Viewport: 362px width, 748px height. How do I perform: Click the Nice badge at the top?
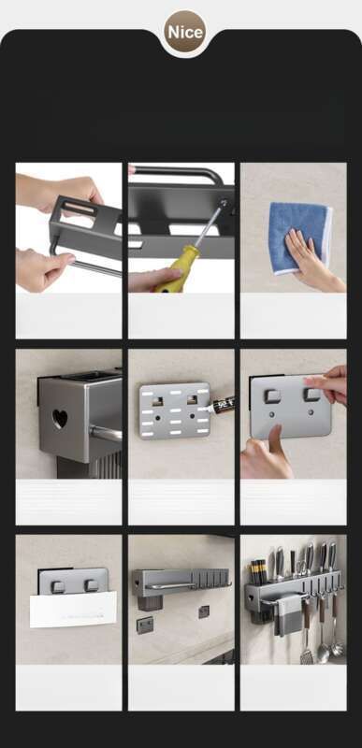pos(185,32)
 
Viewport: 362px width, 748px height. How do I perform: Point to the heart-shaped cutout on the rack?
pos(60,418)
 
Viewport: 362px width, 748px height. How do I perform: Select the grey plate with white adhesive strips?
pos(175,410)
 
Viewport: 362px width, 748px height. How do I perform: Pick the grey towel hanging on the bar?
pos(290,615)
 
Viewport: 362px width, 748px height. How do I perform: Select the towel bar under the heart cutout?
pos(106,433)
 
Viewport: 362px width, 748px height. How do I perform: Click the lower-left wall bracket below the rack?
pos(145,625)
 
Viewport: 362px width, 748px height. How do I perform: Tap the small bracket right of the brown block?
pos(204,611)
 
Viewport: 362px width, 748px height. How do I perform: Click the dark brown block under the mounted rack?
pos(145,602)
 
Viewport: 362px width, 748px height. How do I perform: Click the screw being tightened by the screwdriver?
pos(224,203)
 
